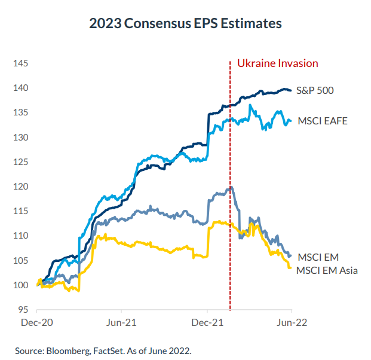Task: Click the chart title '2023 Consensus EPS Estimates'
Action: coord(185,24)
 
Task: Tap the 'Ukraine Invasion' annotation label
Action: coord(278,63)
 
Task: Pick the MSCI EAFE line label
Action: coord(322,121)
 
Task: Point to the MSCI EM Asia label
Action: coord(327,270)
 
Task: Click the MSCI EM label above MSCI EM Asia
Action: coord(317,257)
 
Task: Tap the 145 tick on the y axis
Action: coord(21,63)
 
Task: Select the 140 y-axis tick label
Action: coord(21,88)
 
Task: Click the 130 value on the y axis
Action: coord(21,138)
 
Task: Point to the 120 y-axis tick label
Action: coord(21,187)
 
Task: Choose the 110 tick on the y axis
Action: coord(21,236)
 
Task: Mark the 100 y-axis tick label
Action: coord(21,285)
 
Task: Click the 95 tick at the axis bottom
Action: coord(23,310)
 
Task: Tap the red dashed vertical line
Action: coord(230,179)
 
